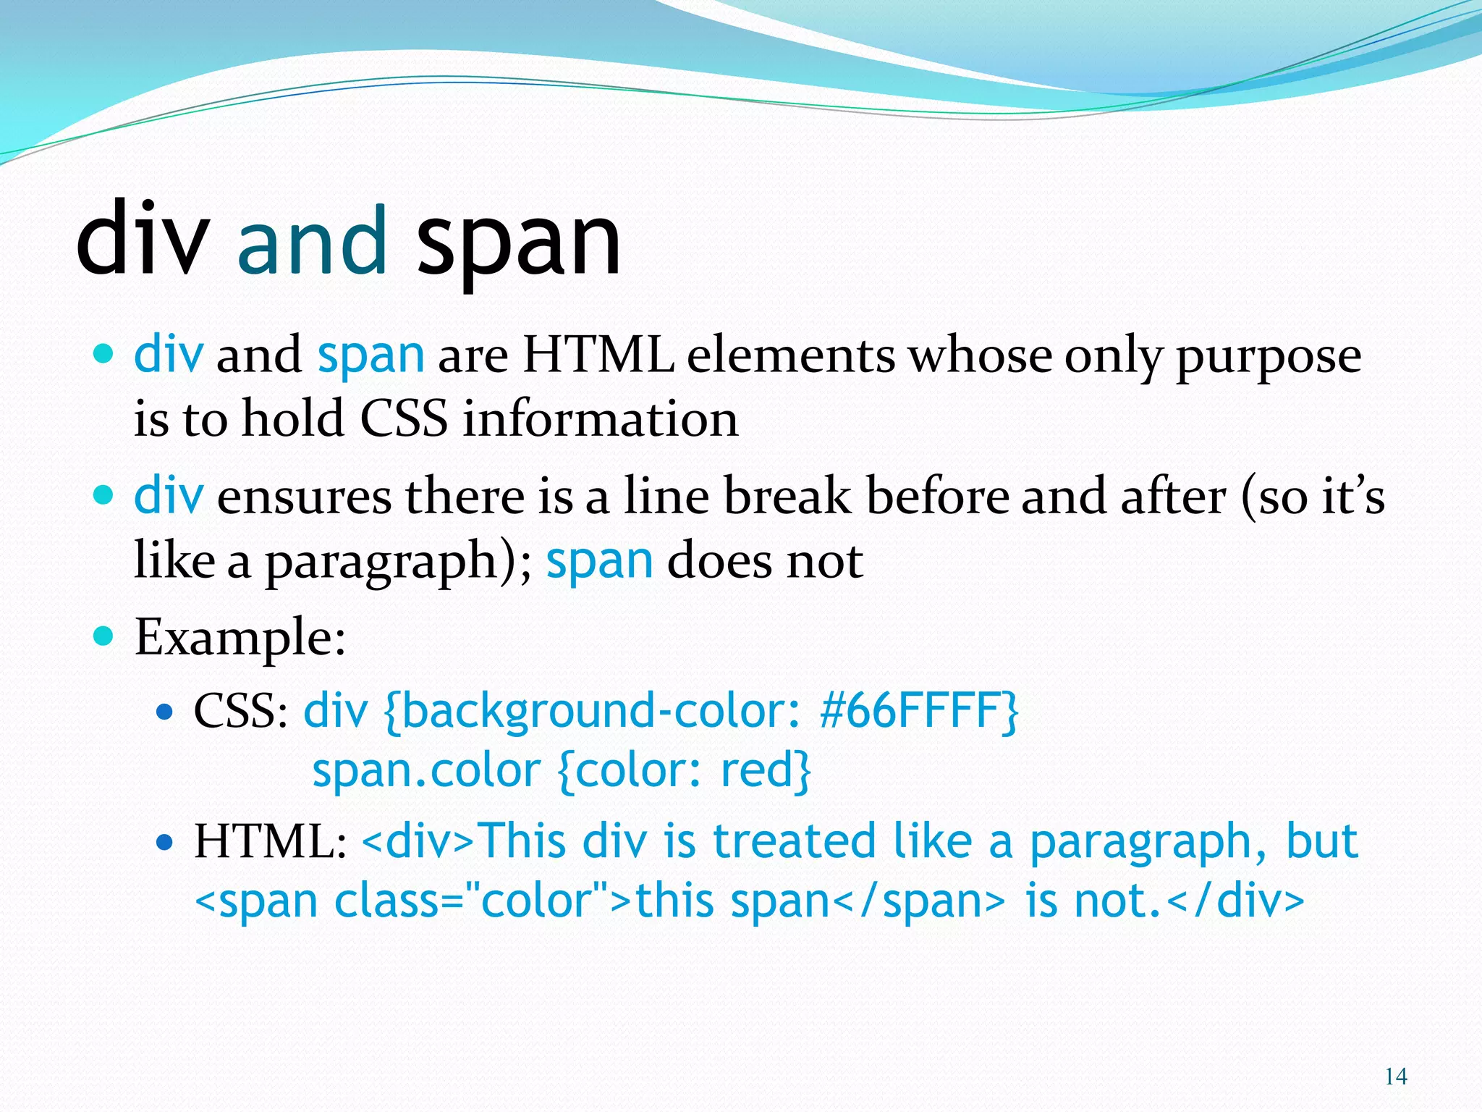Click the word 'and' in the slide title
(x=312, y=240)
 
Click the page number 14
(x=1395, y=1077)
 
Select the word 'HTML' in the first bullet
(x=598, y=355)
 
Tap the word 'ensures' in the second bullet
(x=304, y=497)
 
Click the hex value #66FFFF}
(x=919, y=711)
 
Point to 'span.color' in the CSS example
(x=426, y=770)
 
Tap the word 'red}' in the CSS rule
(x=766, y=770)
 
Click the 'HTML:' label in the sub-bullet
(x=270, y=842)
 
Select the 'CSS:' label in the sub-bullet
(x=241, y=711)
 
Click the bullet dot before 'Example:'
(x=104, y=636)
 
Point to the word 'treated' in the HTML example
(x=794, y=842)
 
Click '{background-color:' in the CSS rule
(x=593, y=711)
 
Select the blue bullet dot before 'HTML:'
(x=165, y=843)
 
